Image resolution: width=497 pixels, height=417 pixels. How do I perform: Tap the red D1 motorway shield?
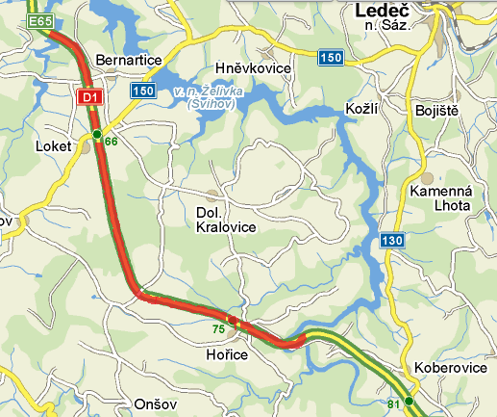point(89,96)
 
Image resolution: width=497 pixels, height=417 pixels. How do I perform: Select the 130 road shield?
point(389,240)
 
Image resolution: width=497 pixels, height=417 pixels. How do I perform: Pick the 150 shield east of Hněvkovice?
point(331,59)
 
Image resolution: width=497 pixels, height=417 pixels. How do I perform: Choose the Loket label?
point(54,147)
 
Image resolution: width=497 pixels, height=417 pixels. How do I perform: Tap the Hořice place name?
point(228,355)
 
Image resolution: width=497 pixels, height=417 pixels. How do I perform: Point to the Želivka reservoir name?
point(203,97)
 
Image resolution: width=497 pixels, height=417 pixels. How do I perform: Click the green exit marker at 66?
point(97,134)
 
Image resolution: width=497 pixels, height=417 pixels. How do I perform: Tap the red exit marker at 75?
point(233,320)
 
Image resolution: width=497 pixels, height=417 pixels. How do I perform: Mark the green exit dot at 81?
point(409,401)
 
